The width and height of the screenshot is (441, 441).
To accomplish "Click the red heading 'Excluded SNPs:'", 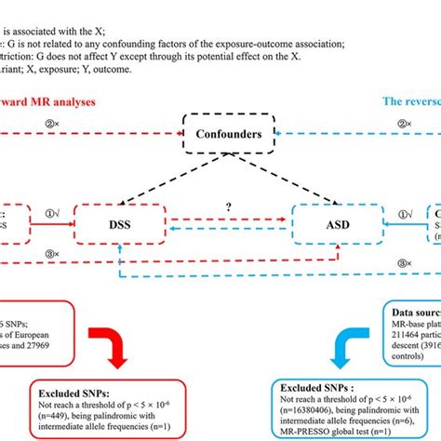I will tap(75, 385).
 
